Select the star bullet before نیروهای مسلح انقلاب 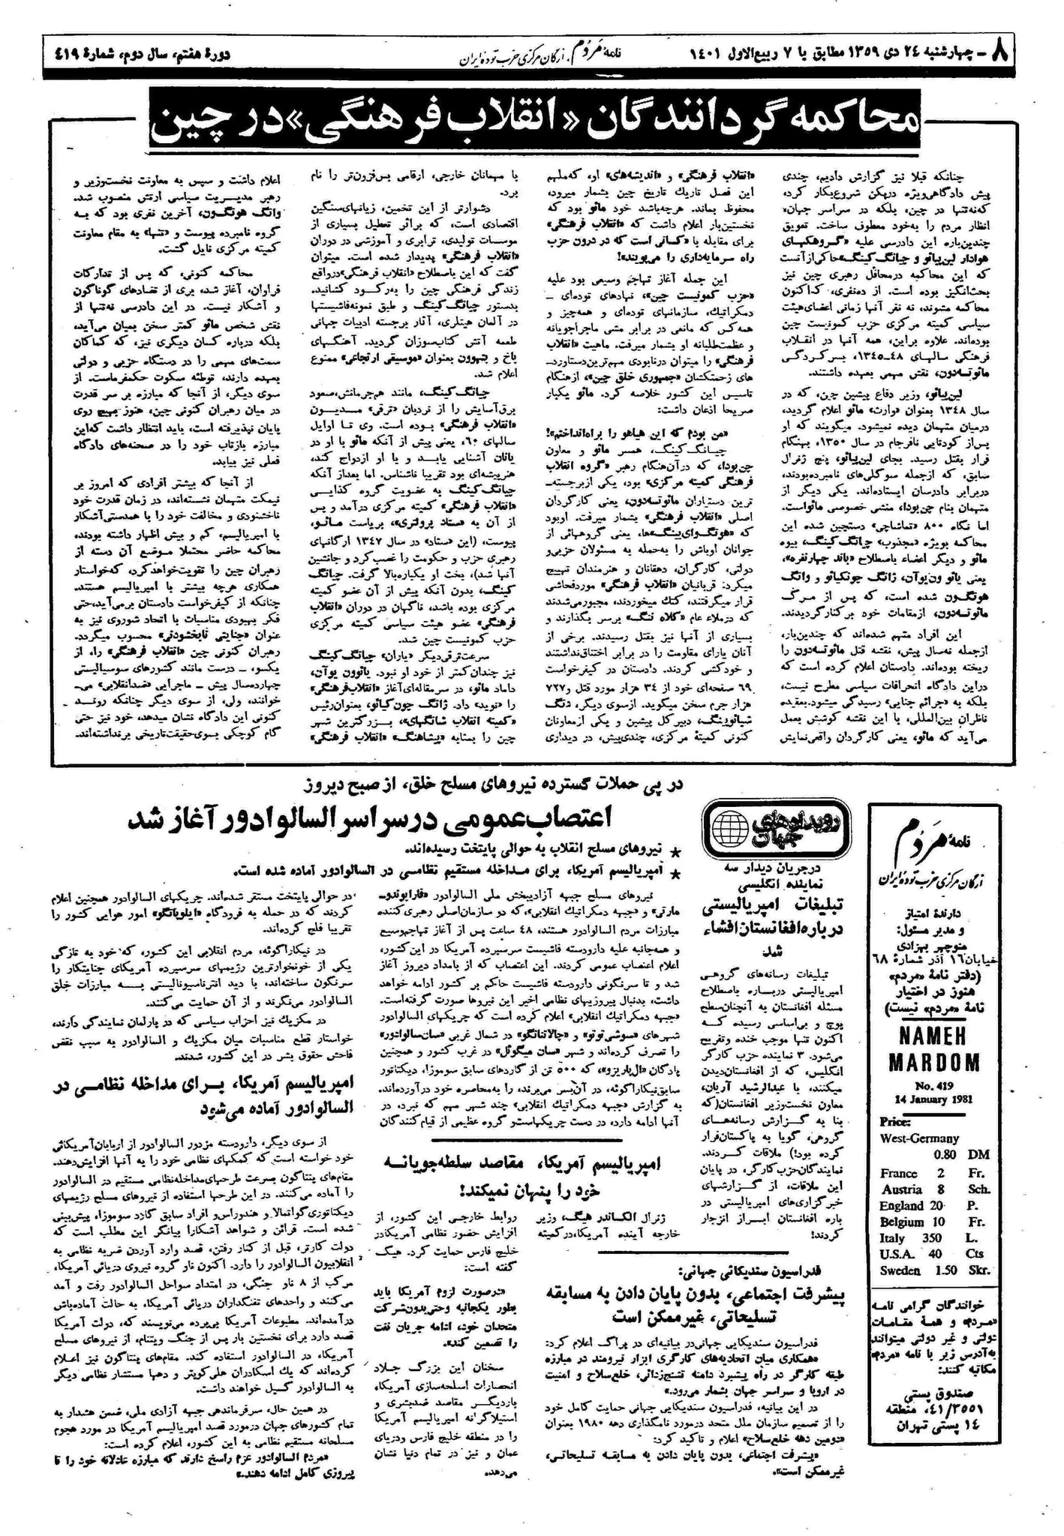pos(676,850)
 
